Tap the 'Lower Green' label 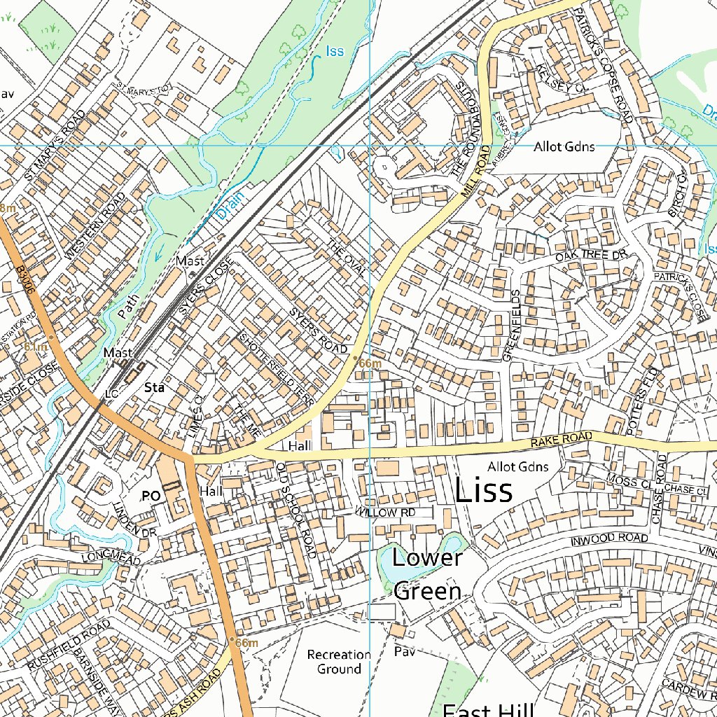click(427, 574)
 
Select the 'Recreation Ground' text click(339, 662)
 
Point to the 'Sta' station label click(153, 387)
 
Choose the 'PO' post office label click(151, 496)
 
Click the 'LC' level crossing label click(111, 394)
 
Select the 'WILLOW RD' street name click(384, 513)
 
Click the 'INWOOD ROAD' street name click(608, 539)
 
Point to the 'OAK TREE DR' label click(589, 257)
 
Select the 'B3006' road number click(25, 280)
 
